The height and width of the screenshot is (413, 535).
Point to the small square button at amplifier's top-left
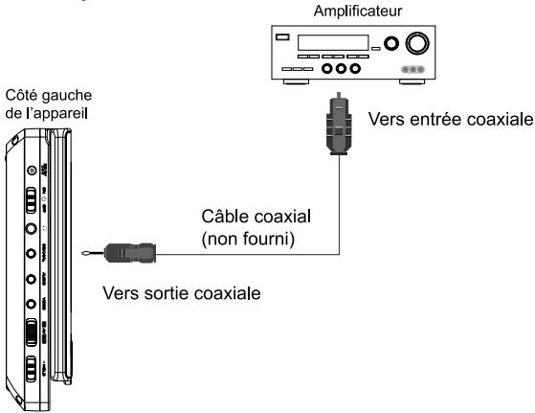tap(281, 39)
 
